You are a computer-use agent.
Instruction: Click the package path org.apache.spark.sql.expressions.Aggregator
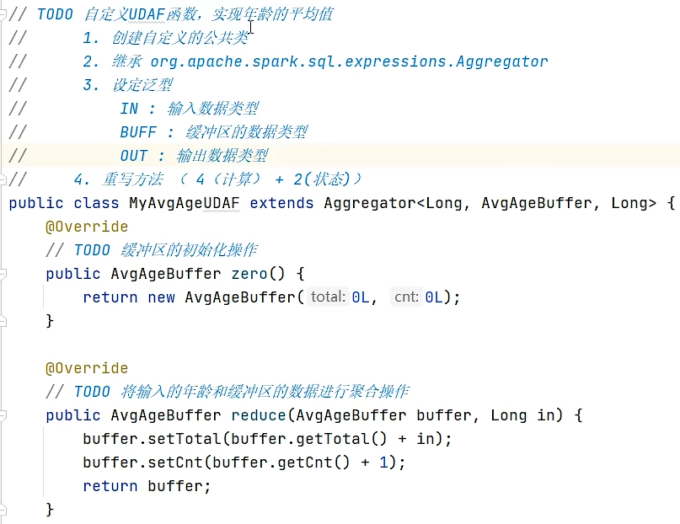[x=349, y=61]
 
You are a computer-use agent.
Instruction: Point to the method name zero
[x=272, y=274]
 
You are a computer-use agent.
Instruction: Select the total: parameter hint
[x=329, y=297]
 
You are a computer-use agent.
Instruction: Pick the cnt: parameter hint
[x=406, y=297]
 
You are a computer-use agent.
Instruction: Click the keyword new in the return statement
[x=161, y=297]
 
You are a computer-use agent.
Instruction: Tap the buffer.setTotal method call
[x=153, y=439]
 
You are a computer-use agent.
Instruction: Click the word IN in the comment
[x=129, y=109]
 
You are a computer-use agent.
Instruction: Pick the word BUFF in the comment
[x=138, y=132]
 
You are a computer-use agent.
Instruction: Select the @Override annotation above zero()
[x=87, y=227]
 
